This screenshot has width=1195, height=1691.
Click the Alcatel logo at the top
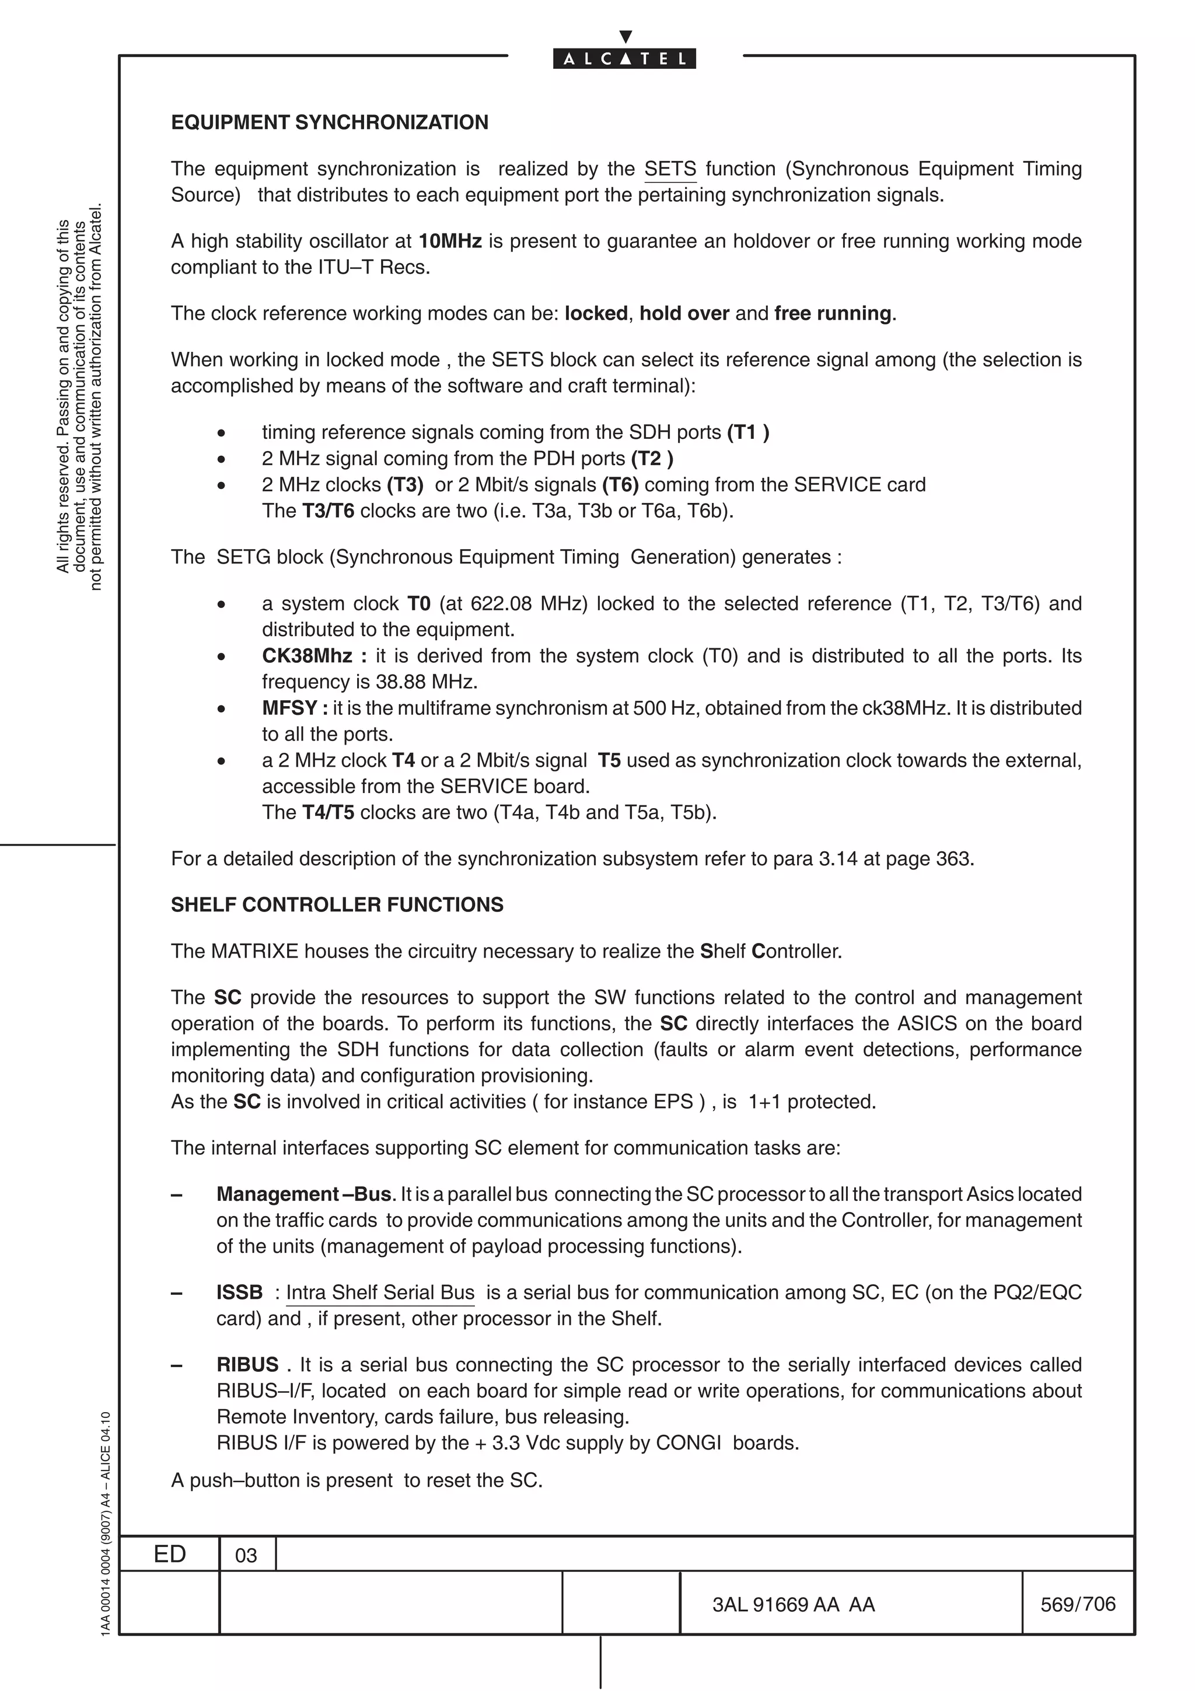tap(624, 58)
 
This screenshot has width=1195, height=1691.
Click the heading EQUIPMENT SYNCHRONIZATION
tap(329, 123)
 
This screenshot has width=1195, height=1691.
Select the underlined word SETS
tap(670, 169)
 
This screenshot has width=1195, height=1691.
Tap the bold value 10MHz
tap(450, 242)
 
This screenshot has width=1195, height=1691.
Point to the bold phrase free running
tap(833, 314)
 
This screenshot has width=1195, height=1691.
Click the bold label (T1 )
tap(748, 432)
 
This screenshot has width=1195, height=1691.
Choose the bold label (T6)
tap(620, 485)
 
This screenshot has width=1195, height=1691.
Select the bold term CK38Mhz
tap(307, 656)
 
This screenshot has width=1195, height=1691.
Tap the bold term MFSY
tap(289, 708)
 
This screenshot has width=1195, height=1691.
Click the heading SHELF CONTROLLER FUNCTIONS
tap(337, 905)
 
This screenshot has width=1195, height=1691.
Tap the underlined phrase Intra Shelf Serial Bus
tap(380, 1292)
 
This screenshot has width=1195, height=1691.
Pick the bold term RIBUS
tap(247, 1365)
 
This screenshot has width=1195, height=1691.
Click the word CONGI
tap(689, 1443)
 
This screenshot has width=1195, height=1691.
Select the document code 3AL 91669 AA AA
tap(793, 1604)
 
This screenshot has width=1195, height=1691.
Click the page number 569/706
tap(1077, 1604)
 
